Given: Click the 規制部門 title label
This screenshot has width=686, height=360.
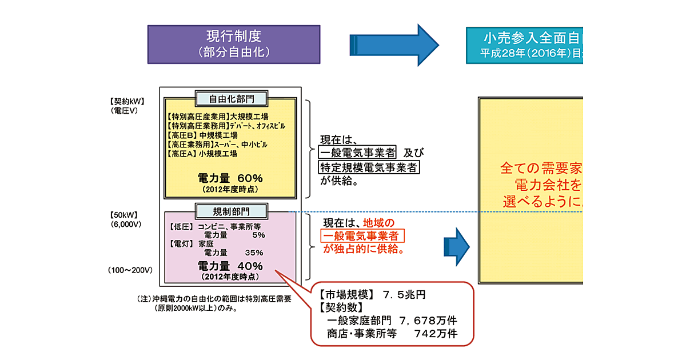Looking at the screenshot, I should (231, 211).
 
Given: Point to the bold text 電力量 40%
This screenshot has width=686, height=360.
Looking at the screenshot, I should (230, 266).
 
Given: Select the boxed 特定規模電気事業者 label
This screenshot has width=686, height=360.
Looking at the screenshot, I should (369, 167).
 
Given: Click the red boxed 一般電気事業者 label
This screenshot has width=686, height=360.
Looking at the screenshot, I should (362, 237).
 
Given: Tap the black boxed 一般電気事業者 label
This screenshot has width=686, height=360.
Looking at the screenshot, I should (357, 153).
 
